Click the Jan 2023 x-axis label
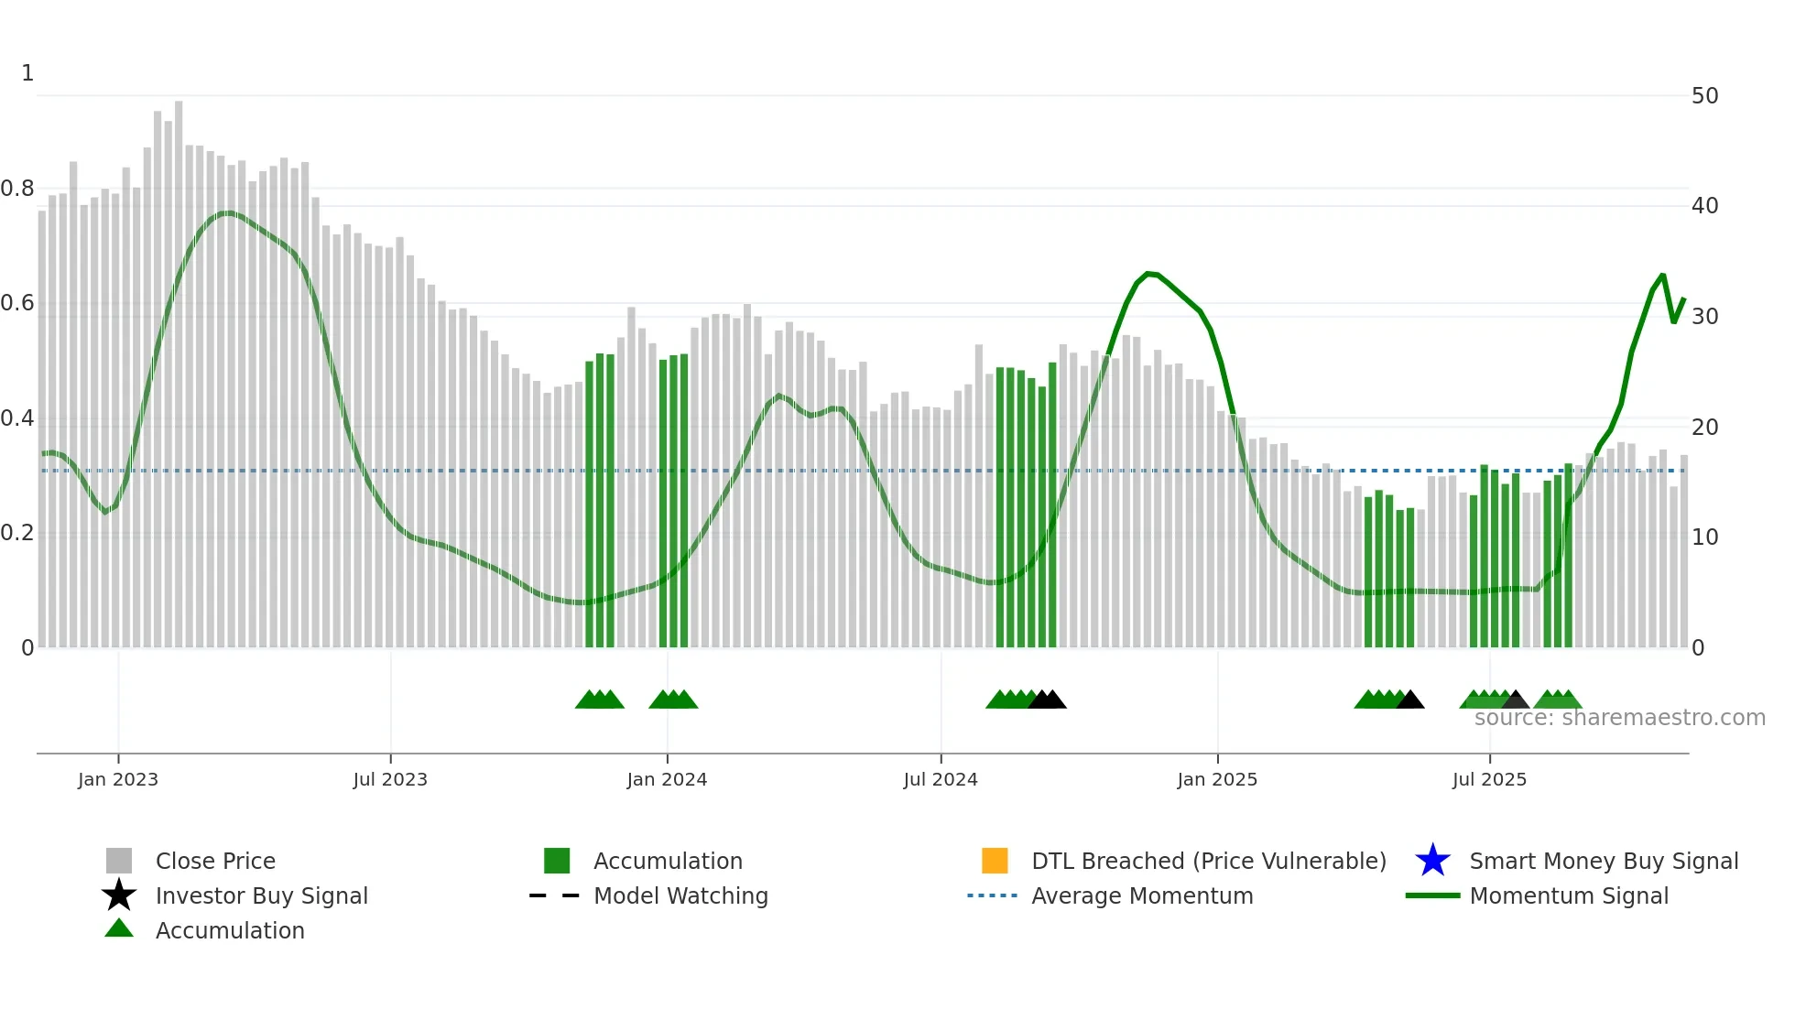(x=117, y=779)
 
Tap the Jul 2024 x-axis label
(x=941, y=779)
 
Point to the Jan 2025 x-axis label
(x=1217, y=779)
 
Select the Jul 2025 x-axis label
(x=1489, y=779)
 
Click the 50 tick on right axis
(x=1704, y=96)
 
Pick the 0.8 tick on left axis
(x=17, y=189)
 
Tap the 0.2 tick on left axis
(x=17, y=533)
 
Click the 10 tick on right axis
(x=1704, y=537)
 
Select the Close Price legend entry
(x=215, y=861)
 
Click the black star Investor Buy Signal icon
(x=119, y=895)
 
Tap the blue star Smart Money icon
(x=1432, y=861)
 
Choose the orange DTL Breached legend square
(x=995, y=861)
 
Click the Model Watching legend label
(x=680, y=895)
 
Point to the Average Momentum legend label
(x=1142, y=895)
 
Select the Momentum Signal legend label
(x=1569, y=895)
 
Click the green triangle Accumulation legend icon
(x=119, y=928)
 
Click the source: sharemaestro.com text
(x=1619, y=718)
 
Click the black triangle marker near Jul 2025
(x=1516, y=700)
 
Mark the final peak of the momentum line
(x=1662, y=275)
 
